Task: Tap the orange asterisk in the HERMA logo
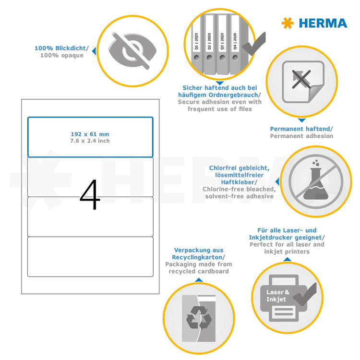pos(288,23)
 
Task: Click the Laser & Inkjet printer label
pos(278,296)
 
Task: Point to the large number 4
pos(90,196)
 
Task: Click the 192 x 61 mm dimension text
pos(90,134)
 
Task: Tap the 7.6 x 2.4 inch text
pos(90,141)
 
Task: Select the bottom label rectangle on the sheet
pos(90,257)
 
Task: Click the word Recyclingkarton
pos(198,257)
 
